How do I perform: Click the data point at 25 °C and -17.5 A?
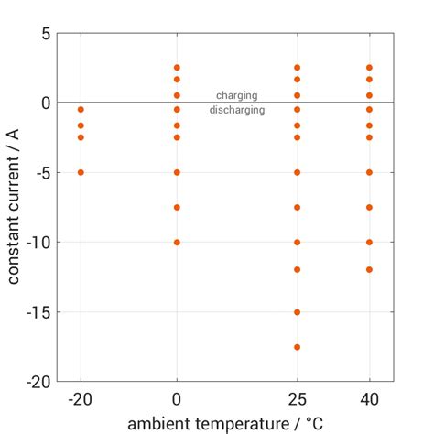click(x=297, y=347)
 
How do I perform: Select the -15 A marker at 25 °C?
click(x=297, y=312)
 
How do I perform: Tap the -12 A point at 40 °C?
click(x=369, y=269)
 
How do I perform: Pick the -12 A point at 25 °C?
click(x=297, y=269)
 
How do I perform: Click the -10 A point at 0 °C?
click(x=177, y=243)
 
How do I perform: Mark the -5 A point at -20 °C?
click(x=81, y=172)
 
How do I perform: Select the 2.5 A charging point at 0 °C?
click(x=177, y=68)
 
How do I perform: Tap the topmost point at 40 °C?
click(x=369, y=68)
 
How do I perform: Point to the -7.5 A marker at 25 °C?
click(x=297, y=207)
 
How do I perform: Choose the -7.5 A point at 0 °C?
click(x=177, y=207)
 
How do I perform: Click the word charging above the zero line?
click(x=236, y=95)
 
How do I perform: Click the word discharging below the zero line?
click(x=236, y=110)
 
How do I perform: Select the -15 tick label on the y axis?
click(x=38, y=312)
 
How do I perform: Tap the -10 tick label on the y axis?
click(x=38, y=243)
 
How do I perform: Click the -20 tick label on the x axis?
click(x=81, y=399)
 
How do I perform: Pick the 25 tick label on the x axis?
click(x=297, y=399)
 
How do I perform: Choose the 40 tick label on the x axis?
click(x=369, y=399)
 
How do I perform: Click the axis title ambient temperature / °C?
click(x=225, y=423)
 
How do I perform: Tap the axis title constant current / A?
click(x=15, y=207)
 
